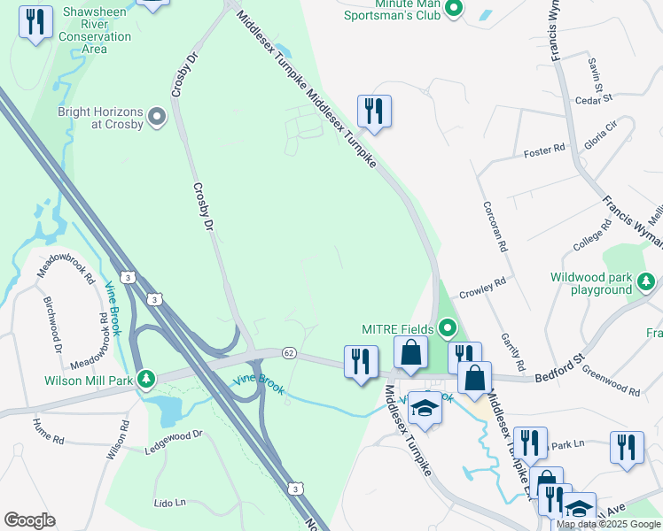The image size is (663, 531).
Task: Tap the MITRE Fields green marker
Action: point(448,330)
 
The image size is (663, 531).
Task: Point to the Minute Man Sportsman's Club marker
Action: point(454,9)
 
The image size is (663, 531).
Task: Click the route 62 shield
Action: point(289,352)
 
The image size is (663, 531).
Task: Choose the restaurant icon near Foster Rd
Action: point(373,111)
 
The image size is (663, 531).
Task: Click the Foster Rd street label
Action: point(544,151)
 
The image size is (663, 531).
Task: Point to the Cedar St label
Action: point(589,100)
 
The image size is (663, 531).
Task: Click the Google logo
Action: point(29,520)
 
